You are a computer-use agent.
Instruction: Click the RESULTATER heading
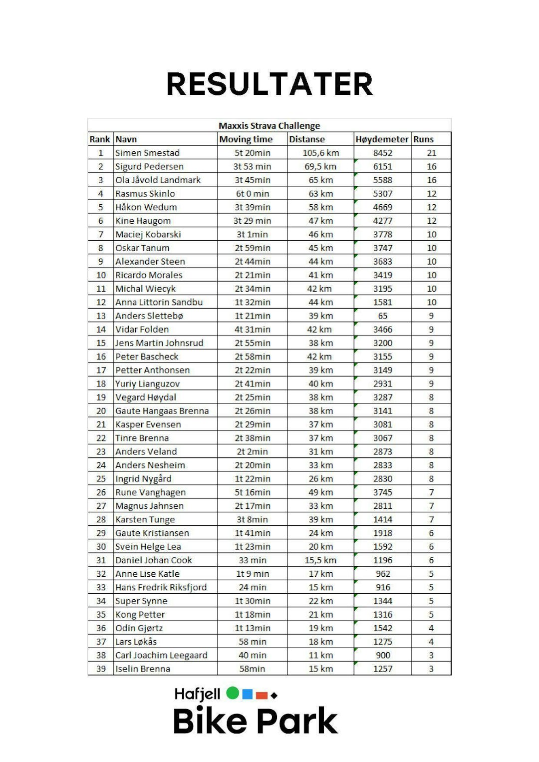point(269,84)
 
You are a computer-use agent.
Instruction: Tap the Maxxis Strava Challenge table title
point(269,126)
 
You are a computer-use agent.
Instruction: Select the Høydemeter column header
point(382,139)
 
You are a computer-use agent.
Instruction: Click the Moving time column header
point(246,139)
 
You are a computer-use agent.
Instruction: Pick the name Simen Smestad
point(147,153)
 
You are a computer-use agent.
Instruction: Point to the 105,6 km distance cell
point(320,153)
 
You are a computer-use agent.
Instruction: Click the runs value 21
point(431,153)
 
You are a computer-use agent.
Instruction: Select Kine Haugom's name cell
point(143,221)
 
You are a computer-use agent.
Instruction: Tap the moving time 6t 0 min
point(252,194)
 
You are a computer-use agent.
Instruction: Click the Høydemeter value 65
point(382,316)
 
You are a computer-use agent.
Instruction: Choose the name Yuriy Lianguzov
point(147,384)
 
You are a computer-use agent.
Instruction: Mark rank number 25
point(101,479)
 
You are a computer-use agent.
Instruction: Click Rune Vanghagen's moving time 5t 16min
point(252,492)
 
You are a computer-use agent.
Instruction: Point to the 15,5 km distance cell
point(320,560)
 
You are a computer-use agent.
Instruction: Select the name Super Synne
point(141,601)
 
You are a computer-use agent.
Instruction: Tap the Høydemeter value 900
point(383,655)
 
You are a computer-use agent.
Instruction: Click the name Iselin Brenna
point(142,669)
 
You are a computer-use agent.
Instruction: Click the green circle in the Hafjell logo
point(233,693)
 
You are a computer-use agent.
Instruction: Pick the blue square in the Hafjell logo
point(247,694)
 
